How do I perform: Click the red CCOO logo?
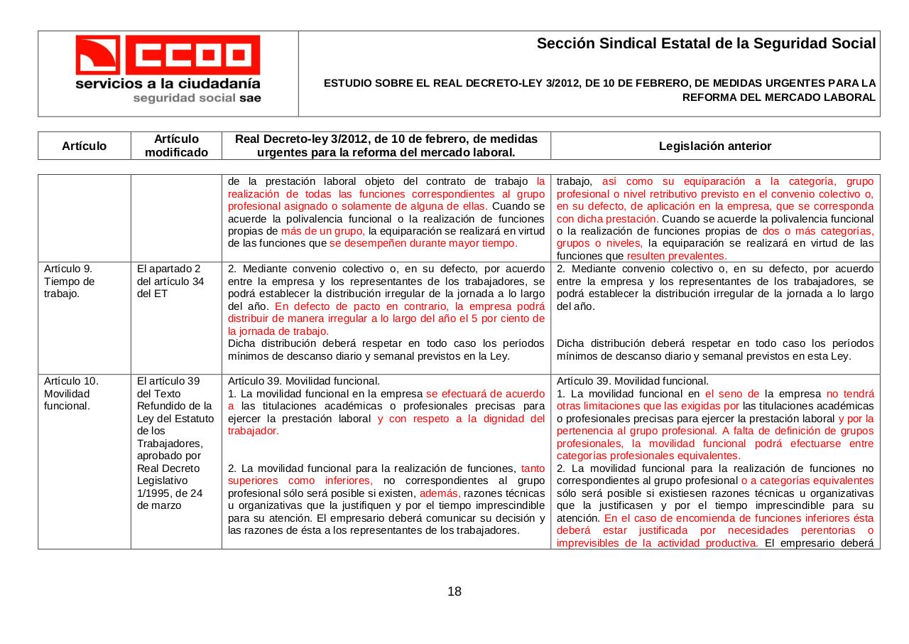pos(168,55)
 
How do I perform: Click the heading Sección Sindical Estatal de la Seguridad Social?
pos(706,44)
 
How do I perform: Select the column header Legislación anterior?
pos(714,146)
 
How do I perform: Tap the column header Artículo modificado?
pos(176,146)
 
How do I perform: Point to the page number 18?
pos(454,591)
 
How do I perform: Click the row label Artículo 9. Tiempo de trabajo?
pos(70,281)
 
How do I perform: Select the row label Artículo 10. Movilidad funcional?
pos(71,393)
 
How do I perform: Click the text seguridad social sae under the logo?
pos(197,98)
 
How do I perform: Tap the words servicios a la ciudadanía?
pos(168,83)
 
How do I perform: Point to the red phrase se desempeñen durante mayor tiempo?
pos(423,243)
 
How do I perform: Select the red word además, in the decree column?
pos(440,493)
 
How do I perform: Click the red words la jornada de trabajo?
pos(278,331)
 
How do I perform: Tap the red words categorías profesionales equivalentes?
pos(648,456)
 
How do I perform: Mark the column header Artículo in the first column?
pos(84,146)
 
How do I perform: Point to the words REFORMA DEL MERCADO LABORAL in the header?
pos(778,97)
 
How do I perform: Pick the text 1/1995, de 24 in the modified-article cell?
pos(170,493)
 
